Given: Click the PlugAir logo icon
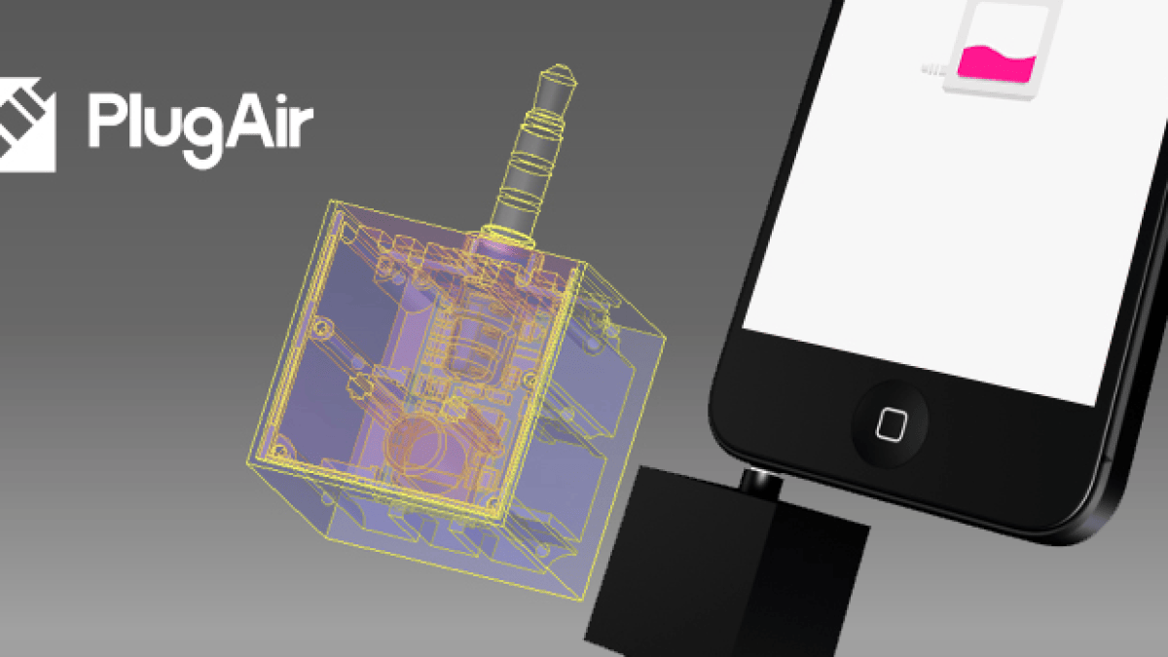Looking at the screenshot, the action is point(26,126).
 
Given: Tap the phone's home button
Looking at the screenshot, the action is point(890,423).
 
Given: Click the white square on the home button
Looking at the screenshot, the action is point(892,424).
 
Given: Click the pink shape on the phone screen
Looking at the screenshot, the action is point(997,63).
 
